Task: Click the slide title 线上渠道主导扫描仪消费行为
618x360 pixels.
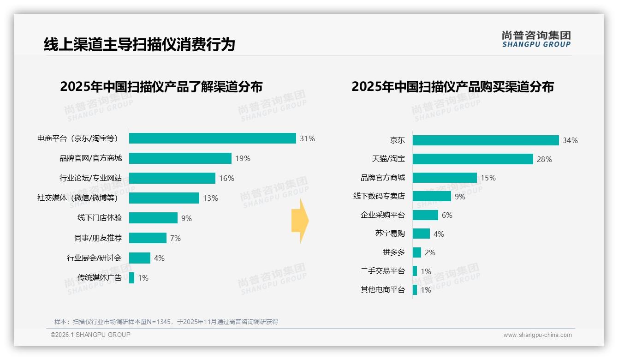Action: pos(139,44)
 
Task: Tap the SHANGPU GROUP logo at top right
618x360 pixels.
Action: pos(536,39)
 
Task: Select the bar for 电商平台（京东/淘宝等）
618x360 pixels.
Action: pos(212,138)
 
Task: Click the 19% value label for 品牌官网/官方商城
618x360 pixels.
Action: pos(243,158)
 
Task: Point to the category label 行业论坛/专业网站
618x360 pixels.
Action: pos(90,178)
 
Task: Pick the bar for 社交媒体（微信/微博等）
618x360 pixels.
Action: pos(164,198)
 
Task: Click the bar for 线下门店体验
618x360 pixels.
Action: pos(153,218)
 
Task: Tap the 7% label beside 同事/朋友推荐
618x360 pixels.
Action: pos(175,238)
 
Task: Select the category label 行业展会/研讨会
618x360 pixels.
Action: pos(94,258)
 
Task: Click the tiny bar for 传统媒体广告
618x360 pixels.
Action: pos(131,278)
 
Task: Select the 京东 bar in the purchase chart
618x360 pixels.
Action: pos(485,140)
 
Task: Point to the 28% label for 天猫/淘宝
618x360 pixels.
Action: pos(544,159)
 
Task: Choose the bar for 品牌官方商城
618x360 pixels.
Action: pos(445,178)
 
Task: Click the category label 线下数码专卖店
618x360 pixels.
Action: pos(379,196)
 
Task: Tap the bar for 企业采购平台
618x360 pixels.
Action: pos(425,215)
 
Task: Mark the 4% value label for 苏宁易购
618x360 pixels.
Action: pos(439,234)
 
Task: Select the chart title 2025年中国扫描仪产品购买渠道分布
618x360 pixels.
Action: pos(452,87)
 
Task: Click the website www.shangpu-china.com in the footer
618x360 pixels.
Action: pos(537,335)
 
